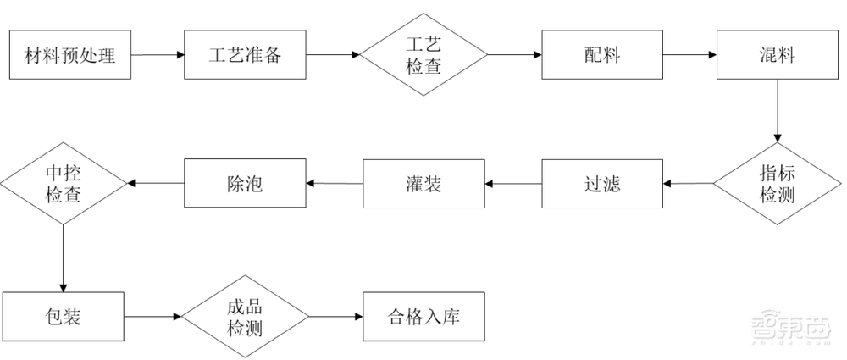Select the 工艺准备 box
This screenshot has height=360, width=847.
click(245, 56)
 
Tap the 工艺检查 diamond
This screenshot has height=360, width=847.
click(423, 56)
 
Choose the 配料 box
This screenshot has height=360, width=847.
click(602, 56)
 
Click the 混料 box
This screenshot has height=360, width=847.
click(778, 56)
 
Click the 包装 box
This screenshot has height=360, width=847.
click(64, 317)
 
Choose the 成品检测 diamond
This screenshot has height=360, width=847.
click(245, 317)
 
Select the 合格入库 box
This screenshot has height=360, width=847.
click(423, 317)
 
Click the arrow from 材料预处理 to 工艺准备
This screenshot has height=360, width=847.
click(158, 56)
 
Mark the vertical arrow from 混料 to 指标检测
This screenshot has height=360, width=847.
click(778, 111)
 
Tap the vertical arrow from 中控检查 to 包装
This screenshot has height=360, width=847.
click(64, 258)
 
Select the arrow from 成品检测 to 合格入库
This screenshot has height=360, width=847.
click(335, 317)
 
